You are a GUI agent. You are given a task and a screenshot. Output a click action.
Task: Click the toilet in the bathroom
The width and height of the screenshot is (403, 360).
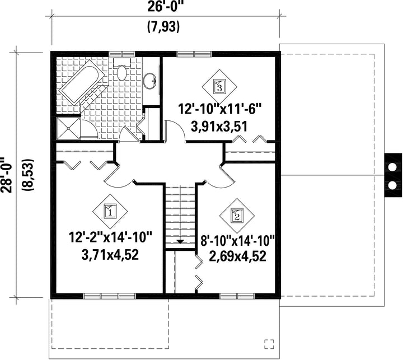(x=122, y=69)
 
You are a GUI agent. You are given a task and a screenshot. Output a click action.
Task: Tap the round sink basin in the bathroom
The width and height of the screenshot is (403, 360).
(x=150, y=81)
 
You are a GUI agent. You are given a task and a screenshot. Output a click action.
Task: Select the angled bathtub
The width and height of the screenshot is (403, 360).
(x=82, y=83)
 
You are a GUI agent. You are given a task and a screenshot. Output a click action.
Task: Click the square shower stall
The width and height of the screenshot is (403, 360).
(x=69, y=128)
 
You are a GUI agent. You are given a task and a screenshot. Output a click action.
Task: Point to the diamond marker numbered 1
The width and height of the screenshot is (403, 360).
(x=110, y=212)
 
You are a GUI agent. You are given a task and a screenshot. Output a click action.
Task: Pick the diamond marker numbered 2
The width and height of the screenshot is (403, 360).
(x=237, y=216)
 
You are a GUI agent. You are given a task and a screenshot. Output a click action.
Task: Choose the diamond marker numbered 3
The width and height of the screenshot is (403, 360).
(x=219, y=87)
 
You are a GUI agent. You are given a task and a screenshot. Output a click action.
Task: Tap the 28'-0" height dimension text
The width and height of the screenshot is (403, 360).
(x=6, y=175)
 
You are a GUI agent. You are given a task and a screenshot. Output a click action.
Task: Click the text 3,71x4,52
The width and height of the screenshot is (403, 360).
(x=110, y=255)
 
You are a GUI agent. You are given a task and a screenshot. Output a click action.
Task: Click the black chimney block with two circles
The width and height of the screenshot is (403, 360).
(x=393, y=175)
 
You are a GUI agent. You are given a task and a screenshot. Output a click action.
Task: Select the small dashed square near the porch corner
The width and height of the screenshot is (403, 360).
(x=269, y=344)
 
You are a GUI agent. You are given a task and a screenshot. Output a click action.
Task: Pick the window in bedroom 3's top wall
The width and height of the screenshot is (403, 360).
(x=194, y=54)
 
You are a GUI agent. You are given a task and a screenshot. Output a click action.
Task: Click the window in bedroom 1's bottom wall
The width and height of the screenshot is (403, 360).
(x=110, y=296)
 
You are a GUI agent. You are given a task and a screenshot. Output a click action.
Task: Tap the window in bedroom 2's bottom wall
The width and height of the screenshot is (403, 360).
(x=237, y=296)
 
